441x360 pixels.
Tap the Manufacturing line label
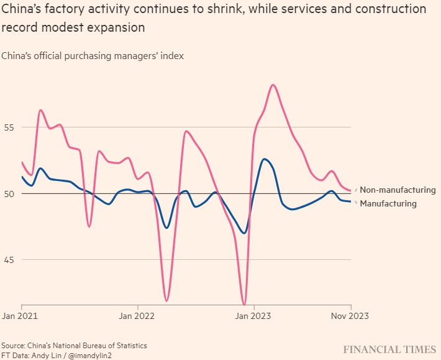click(388, 203)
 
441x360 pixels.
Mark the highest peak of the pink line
click(273, 85)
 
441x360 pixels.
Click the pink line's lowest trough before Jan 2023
click(244, 305)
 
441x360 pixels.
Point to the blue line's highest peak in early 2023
click(265, 159)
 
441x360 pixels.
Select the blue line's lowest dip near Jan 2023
click(245, 233)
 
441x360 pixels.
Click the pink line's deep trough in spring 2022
click(166, 300)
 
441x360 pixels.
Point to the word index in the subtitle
click(172, 56)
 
